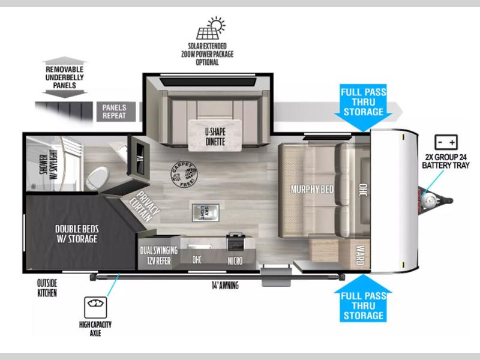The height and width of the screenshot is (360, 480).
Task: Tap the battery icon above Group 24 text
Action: coord(446,142)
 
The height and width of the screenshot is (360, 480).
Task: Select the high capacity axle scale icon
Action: coord(95,307)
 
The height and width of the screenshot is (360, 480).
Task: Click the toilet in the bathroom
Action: coord(98,178)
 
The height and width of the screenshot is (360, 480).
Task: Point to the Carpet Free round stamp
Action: coord(184,174)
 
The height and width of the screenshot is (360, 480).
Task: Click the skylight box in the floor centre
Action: coord(205,213)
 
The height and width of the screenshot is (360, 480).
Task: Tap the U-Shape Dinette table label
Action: coord(215,137)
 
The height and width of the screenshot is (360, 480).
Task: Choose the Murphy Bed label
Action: coord(312,189)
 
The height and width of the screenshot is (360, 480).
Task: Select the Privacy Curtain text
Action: coord(144,206)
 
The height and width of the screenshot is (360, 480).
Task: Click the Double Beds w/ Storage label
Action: coord(77,234)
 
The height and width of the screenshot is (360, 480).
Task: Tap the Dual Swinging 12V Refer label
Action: coord(158,256)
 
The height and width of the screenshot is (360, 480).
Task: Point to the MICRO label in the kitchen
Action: coord(235,261)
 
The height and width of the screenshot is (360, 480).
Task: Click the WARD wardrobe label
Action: coord(360,255)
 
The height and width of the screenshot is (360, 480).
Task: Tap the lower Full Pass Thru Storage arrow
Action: coord(364,298)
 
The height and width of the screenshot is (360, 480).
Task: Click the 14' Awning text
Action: coord(225,286)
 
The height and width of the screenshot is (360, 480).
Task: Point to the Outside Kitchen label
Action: coord(47,288)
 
